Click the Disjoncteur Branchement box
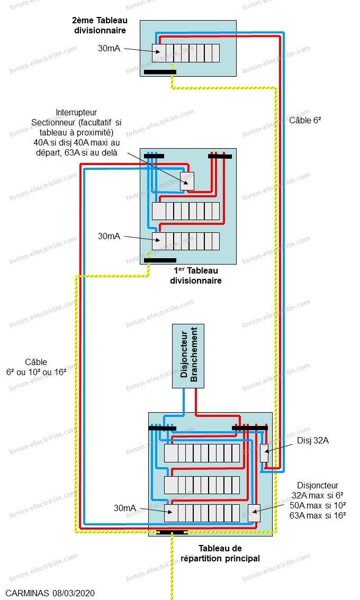pyautogui.click(x=188, y=356)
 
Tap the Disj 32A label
pyautogui.click(x=313, y=440)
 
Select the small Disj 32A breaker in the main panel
pyautogui.click(x=264, y=453)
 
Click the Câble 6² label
pyautogui.click(x=305, y=120)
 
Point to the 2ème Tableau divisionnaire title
pyautogui.click(x=100, y=25)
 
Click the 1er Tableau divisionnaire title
pyautogui.click(x=196, y=276)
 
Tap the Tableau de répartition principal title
pyautogui.click(x=220, y=553)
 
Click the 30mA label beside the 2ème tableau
pyautogui.click(x=109, y=48)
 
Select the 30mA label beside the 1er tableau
pyautogui.click(x=109, y=236)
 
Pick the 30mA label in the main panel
pyautogui.click(x=125, y=508)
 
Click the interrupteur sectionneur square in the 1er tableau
pyautogui.click(x=187, y=181)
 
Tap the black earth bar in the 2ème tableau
pyautogui.click(x=160, y=72)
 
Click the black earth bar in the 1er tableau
pyautogui.click(x=160, y=261)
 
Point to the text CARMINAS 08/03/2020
pyautogui.click(x=50, y=593)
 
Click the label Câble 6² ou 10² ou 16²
pyautogui.click(x=36, y=367)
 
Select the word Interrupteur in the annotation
pyautogui.click(x=76, y=113)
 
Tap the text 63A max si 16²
pyautogui.click(x=318, y=515)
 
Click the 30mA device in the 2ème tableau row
pyautogui.click(x=159, y=53)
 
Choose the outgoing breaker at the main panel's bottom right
pyautogui.click(x=254, y=514)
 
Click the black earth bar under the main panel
pyautogui.click(x=172, y=532)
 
